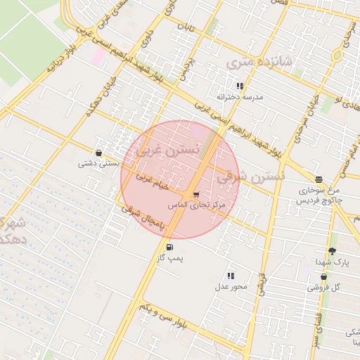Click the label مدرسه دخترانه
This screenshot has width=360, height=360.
(239, 97)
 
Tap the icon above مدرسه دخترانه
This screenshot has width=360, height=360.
(240, 86)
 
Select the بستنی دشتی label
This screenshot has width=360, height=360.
(96, 164)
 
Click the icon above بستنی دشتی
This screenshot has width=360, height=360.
(98, 153)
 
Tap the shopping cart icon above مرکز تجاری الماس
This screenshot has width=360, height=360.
(195, 194)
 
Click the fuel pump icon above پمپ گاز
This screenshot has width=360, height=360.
(169, 247)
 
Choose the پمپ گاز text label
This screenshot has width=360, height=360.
(169, 259)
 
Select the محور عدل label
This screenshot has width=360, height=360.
(231, 287)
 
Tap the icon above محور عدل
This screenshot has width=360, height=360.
(231, 276)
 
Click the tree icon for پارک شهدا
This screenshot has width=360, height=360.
(332, 251)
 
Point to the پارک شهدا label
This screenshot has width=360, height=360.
(332, 262)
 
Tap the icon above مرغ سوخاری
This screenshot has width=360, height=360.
(319, 179)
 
